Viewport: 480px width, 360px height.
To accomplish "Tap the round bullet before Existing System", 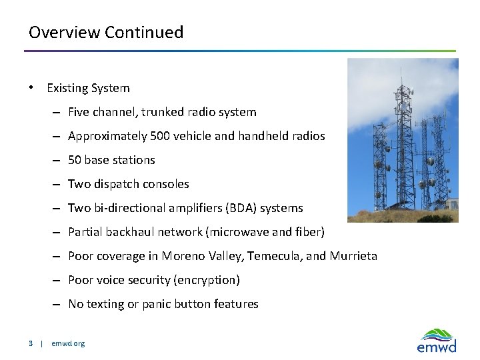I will (x=31, y=88).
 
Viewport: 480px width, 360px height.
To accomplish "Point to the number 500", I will (x=161, y=136).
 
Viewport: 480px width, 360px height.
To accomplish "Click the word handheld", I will (x=266, y=136).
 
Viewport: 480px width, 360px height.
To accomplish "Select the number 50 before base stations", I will (x=75, y=160).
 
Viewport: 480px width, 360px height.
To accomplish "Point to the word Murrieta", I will (x=353, y=256).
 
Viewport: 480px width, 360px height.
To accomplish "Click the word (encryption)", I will (x=206, y=280).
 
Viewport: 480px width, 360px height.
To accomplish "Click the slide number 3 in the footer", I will (x=31, y=343).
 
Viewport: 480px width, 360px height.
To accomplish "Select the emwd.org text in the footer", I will (x=68, y=343).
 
